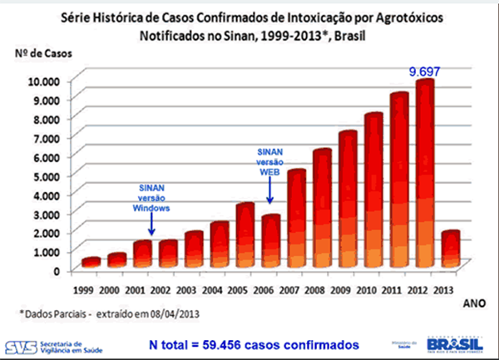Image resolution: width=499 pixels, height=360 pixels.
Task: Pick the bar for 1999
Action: pos(91,262)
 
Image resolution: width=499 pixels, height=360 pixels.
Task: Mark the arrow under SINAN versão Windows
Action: pos(151,224)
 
